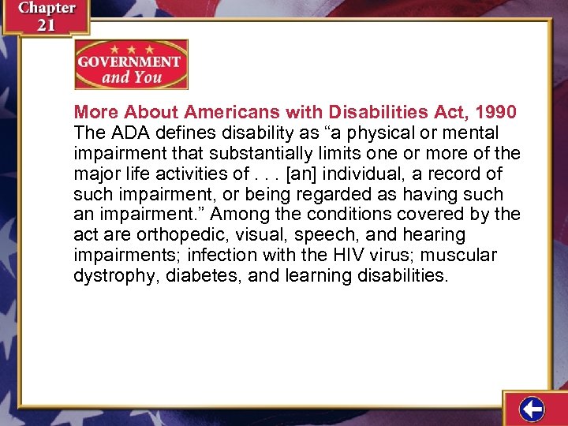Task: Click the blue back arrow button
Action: (532, 409)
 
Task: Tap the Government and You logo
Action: (131, 65)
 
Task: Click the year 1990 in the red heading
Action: (496, 112)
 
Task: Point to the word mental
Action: (468, 133)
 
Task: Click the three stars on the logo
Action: (131, 48)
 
